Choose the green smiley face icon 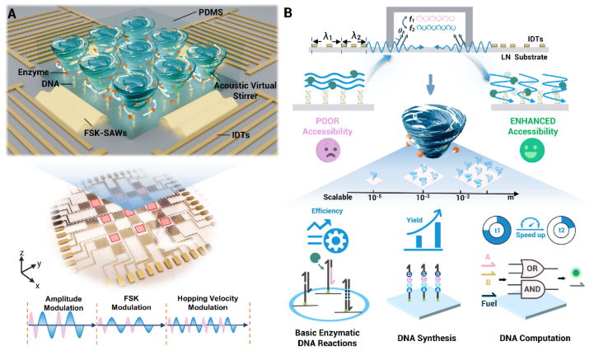529,152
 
